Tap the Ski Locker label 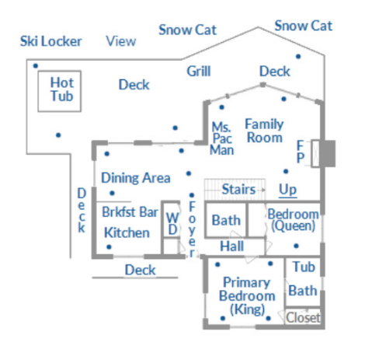click(x=51, y=41)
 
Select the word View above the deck click(x=121, y=41)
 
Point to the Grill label click(x=199, y=72)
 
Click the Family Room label click(x=264, y=131)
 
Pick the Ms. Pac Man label click(x=222, y=138)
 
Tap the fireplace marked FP click(x=315, y=154)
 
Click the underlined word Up click(x=287, y=190)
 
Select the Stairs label click(x=238, y=189)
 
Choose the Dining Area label click(x=136, y=178)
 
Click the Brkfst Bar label click(x=130, y=212)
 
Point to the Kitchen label click(x=127, y=232)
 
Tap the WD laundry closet click(x=171, y=219)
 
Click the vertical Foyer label click(x=192, y=229)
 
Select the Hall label click(x=232, y=246)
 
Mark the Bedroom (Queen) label click(x=294, y=220)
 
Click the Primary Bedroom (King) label click(x=247, y=296)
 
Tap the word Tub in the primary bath click(x=304, y=267)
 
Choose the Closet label click(x=303, y=317)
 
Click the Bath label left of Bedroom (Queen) click(x=226, y=221)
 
